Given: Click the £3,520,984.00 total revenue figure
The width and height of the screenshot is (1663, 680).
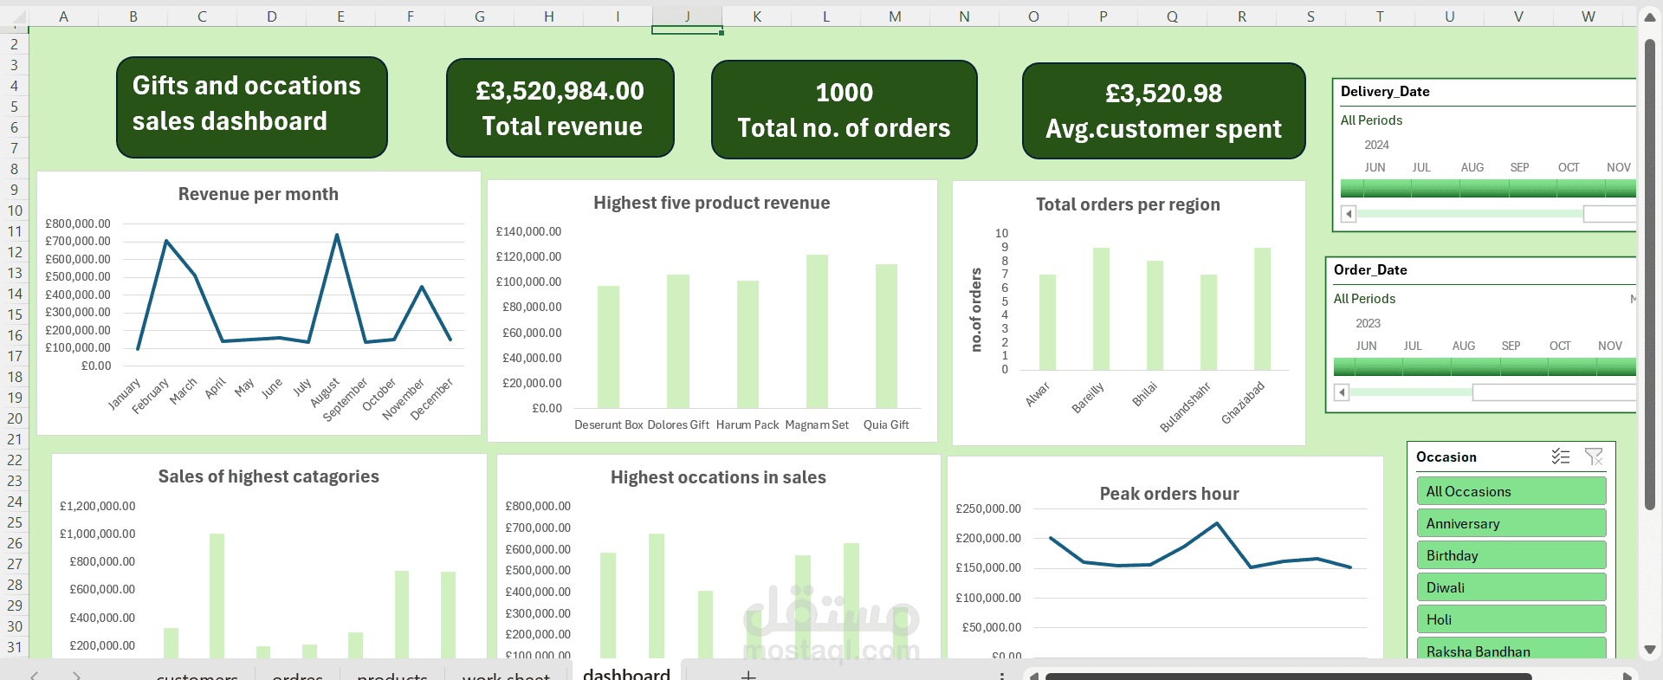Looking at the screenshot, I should coord(560,91).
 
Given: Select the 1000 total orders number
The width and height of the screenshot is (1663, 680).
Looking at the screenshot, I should coord(844,93).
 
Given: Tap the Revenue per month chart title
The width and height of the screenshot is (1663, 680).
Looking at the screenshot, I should coord(258,194).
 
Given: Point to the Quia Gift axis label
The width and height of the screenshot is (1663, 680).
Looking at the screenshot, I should coord(886,424).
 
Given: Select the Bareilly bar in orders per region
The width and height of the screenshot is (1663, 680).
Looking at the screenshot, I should coord(1101,309).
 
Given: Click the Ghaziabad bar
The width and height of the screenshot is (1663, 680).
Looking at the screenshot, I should coord(1262,309).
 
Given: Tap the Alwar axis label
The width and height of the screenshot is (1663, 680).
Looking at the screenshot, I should coord(1038,394).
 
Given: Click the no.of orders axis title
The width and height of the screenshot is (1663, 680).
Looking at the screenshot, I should coord(976,309).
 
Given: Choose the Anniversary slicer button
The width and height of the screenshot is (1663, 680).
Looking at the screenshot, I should coord(1511,523).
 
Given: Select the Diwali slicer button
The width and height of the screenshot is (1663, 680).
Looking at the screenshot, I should coord(1511,587).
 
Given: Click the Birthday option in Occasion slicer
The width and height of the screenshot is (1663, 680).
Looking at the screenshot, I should coord(1511,555).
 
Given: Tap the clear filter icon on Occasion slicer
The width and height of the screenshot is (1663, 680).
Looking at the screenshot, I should coord(1593,457).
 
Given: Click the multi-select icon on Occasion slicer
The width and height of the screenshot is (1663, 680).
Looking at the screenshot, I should coord(1560,457).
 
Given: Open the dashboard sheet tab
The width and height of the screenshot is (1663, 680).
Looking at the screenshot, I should coord(626,673).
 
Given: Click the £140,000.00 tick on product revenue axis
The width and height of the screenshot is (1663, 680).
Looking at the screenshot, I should coord(528,231).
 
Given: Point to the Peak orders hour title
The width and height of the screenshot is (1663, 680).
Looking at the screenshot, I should coord(1168,494).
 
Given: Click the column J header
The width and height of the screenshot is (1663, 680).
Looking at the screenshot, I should coord(687,16).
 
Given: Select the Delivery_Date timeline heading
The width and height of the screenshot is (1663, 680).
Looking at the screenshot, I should coord(1385,92).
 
